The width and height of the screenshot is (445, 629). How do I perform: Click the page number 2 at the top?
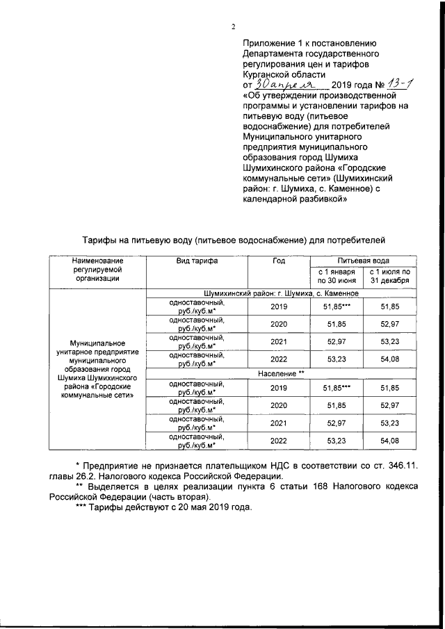coord(234,26)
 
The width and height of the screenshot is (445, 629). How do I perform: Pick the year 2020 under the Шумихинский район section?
coord(278,324)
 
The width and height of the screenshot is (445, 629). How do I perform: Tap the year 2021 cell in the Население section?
coord(278,423)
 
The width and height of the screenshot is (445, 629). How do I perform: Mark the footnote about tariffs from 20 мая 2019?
coord(163,507)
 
